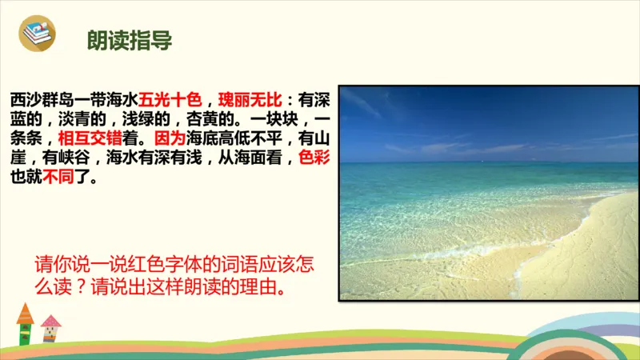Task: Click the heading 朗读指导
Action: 129,41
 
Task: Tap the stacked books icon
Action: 37,34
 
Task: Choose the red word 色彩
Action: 313,156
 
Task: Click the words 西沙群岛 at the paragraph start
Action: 41,101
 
